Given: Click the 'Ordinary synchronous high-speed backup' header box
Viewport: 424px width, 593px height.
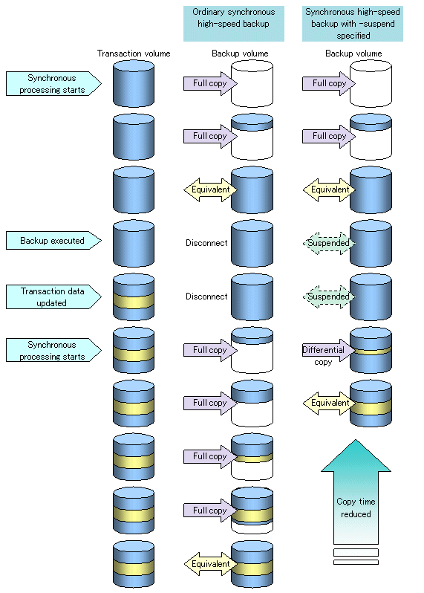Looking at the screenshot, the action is click(234, 24).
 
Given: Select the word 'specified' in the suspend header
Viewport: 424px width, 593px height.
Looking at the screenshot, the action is click(353, 36).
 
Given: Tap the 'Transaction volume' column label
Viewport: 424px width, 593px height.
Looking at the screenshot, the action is click(134, 54).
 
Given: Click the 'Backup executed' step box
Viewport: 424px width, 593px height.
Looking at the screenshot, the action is click(53, 241).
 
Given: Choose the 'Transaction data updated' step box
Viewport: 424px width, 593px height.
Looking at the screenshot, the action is click(53, 297).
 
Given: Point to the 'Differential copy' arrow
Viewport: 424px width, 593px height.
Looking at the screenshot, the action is click(328, 350).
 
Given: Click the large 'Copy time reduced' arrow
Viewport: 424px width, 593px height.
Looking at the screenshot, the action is click(356, 492).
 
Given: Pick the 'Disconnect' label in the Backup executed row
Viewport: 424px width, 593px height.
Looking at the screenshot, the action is click(206, 243).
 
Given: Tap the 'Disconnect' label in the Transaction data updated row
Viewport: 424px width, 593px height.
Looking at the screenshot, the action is click(206, 296).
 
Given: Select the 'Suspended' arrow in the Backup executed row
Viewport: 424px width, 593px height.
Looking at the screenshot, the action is click(329, 243).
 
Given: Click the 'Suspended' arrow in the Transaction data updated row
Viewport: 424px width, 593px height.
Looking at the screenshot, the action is click(329, 297).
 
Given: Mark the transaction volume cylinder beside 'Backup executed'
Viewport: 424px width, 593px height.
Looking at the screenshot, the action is click(134, 244).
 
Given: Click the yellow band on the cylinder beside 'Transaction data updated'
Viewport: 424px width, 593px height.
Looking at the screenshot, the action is click(134, 301).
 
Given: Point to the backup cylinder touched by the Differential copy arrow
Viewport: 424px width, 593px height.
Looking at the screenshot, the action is click(371, 350).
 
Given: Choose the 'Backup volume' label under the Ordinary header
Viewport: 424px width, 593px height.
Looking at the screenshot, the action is click(240, 54).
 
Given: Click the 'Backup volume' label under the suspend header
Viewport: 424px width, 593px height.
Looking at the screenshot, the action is click(353, 54).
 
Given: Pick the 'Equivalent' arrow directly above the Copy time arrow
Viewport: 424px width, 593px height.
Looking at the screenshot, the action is click(329, 404).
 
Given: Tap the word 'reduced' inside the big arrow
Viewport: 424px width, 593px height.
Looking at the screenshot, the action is click(356, 514).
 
